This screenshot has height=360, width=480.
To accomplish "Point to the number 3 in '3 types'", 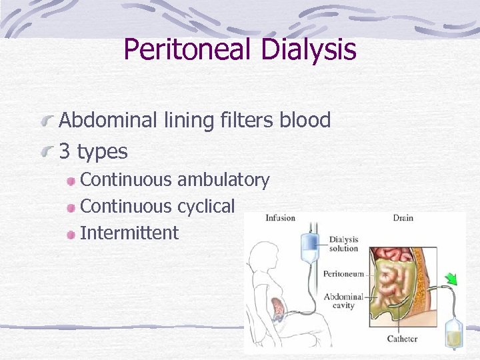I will point(65,152).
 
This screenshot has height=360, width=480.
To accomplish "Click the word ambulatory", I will point(223,180).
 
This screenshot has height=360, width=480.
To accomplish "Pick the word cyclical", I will point(206,207).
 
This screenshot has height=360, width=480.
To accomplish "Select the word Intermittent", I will point(129,233).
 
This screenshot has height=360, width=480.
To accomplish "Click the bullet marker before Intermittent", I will point(71,234).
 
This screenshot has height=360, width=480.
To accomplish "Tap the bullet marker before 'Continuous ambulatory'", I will point(71,181).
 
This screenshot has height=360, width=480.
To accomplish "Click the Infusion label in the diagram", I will point(280,218).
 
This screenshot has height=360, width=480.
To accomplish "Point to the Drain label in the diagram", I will point(403,218).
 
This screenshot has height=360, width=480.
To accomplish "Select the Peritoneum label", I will point(343,273).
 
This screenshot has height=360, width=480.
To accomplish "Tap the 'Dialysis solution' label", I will point(343,244).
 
